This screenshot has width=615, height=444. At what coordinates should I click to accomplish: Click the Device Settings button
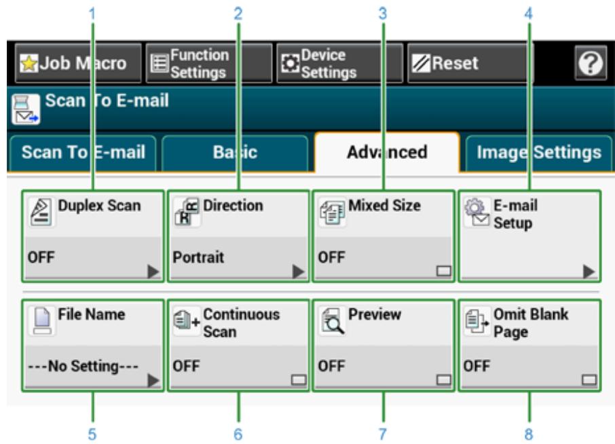(x=338, y=64)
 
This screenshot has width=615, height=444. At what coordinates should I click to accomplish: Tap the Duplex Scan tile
(x=92, y=236)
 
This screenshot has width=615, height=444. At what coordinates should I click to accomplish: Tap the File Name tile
(x=92, y=344)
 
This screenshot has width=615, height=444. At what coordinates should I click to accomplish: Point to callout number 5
(x=92, y=433)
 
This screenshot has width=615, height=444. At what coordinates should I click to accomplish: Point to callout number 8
(x=530, y=433)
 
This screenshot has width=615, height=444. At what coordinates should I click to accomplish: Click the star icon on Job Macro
(x=29, y=65)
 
